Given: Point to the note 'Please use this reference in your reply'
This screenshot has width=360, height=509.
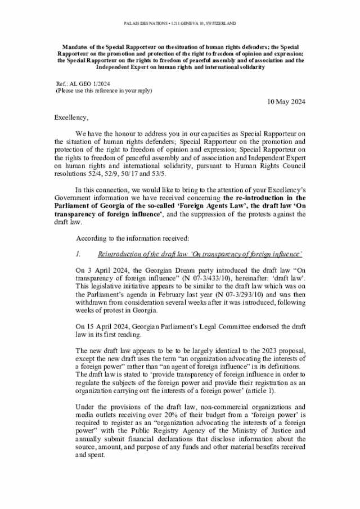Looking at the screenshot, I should coord(103,91).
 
